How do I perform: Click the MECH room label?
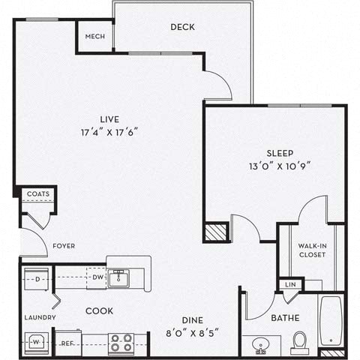coord(94,35)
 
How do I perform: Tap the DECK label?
coord(182,27)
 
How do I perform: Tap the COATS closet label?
coord(38,194)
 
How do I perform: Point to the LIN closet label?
coord(289,285)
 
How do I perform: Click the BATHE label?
coord(286,318)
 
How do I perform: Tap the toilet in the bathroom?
coord(300,341)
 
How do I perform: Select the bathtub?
coord(331,324)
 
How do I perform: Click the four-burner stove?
coord(121,342)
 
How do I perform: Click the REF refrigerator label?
coord(68,344)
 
